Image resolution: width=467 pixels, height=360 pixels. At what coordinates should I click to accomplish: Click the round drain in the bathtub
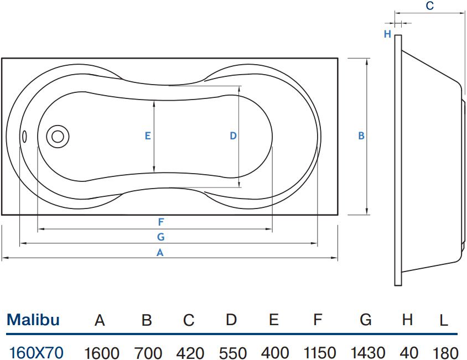(58, 137)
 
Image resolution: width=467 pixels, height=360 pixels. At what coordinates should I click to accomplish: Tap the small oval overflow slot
(25, 137)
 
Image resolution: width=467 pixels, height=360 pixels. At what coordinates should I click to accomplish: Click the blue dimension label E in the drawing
(148, 136)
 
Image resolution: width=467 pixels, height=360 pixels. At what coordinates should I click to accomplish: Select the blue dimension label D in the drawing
(233, 136)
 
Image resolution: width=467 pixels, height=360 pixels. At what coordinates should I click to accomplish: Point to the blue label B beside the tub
(361, 136)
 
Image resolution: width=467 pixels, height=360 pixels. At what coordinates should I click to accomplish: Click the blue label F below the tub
(161, 222)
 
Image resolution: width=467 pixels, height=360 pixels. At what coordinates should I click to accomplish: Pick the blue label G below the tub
(161, 237)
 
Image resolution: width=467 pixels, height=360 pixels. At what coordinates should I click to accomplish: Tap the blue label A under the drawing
(160, 253)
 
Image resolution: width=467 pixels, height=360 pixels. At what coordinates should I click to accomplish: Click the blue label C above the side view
(430, 6)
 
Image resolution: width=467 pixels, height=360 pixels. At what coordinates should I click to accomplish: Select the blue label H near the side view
(387, 34)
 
